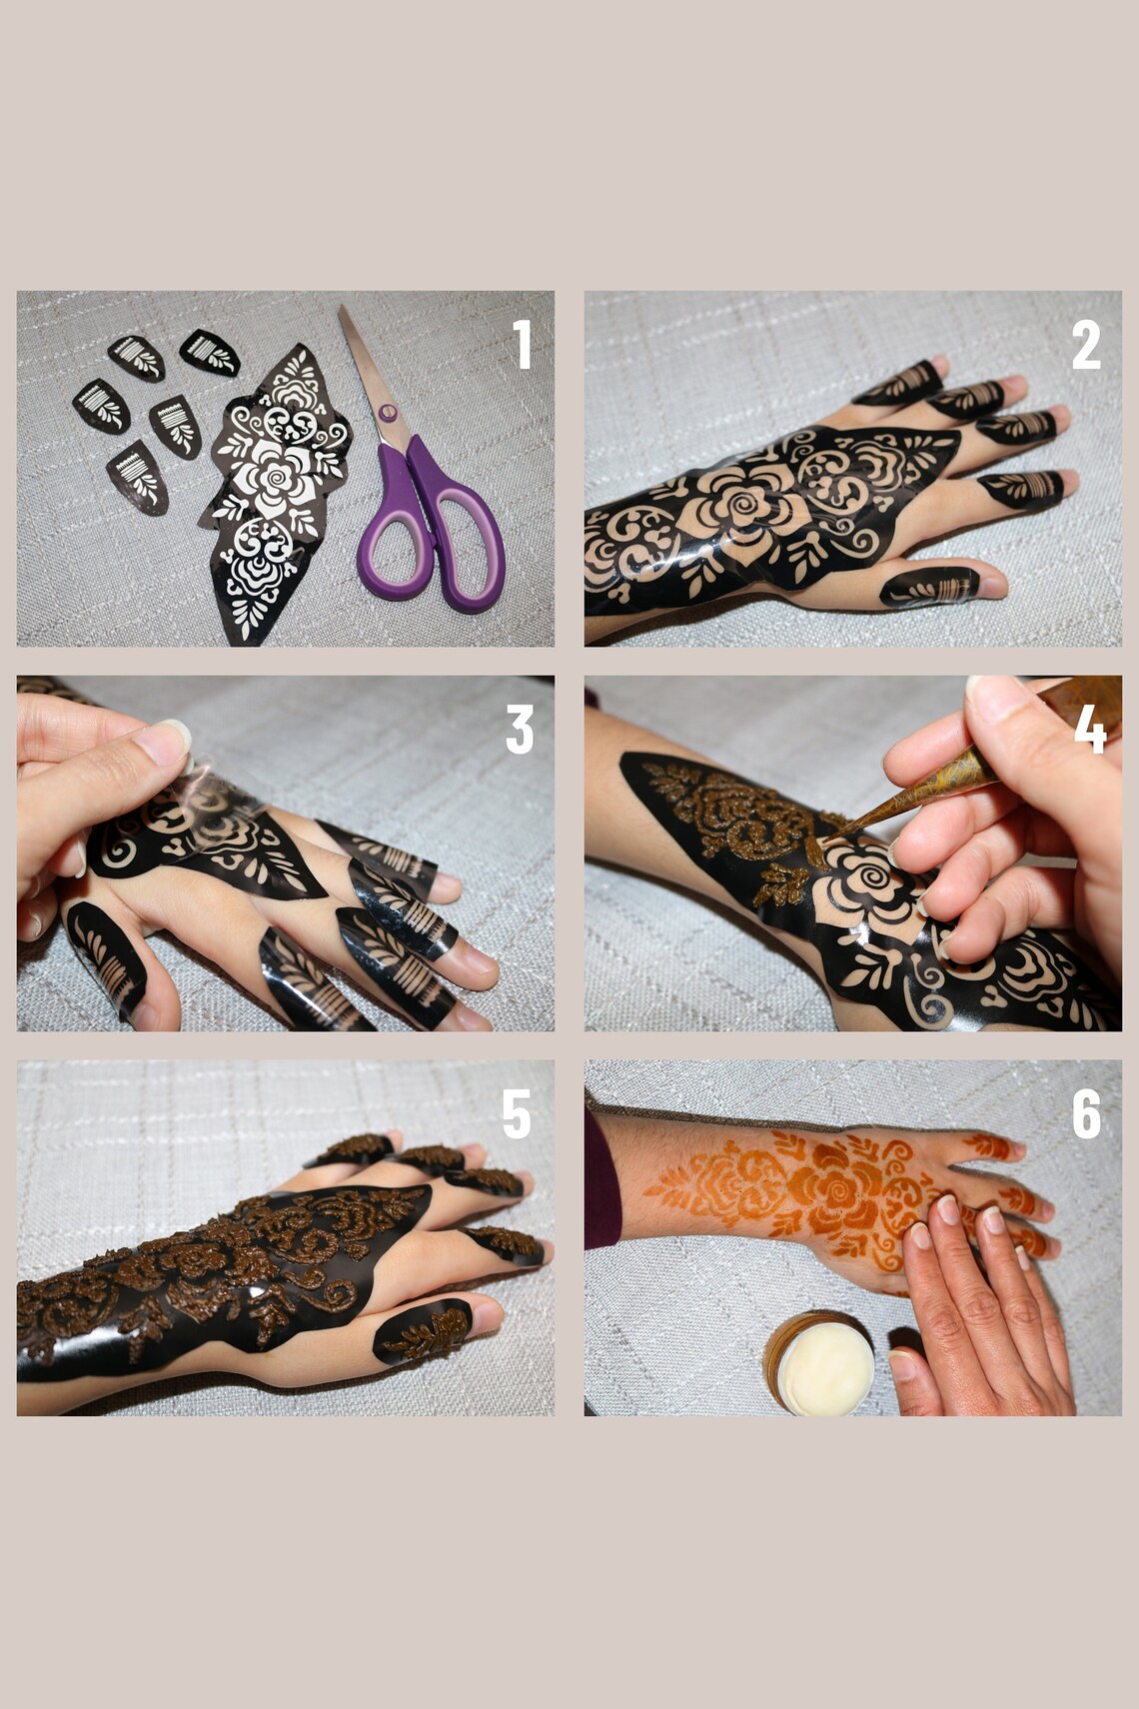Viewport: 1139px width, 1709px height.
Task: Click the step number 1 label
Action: click(x=522, y=345)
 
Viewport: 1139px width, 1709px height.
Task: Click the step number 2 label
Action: click(x=1086, y=345)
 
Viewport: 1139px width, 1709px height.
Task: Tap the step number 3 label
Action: click(x=520, y=730)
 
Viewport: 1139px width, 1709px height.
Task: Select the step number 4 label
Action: click(x=1090, y=730)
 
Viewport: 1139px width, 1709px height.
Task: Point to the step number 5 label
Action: click(x=516, y=1114)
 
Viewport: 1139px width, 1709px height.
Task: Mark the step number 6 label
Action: click(x=1086, y=1114)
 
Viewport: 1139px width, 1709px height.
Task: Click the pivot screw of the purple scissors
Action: click(x=388, y=413)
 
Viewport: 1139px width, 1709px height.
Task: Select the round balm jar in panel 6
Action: click(x=819, y=1364)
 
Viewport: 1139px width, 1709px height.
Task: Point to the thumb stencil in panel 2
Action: click(x=929, y=587)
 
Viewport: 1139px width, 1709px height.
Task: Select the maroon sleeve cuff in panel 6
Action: click(x=601, y=1179)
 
